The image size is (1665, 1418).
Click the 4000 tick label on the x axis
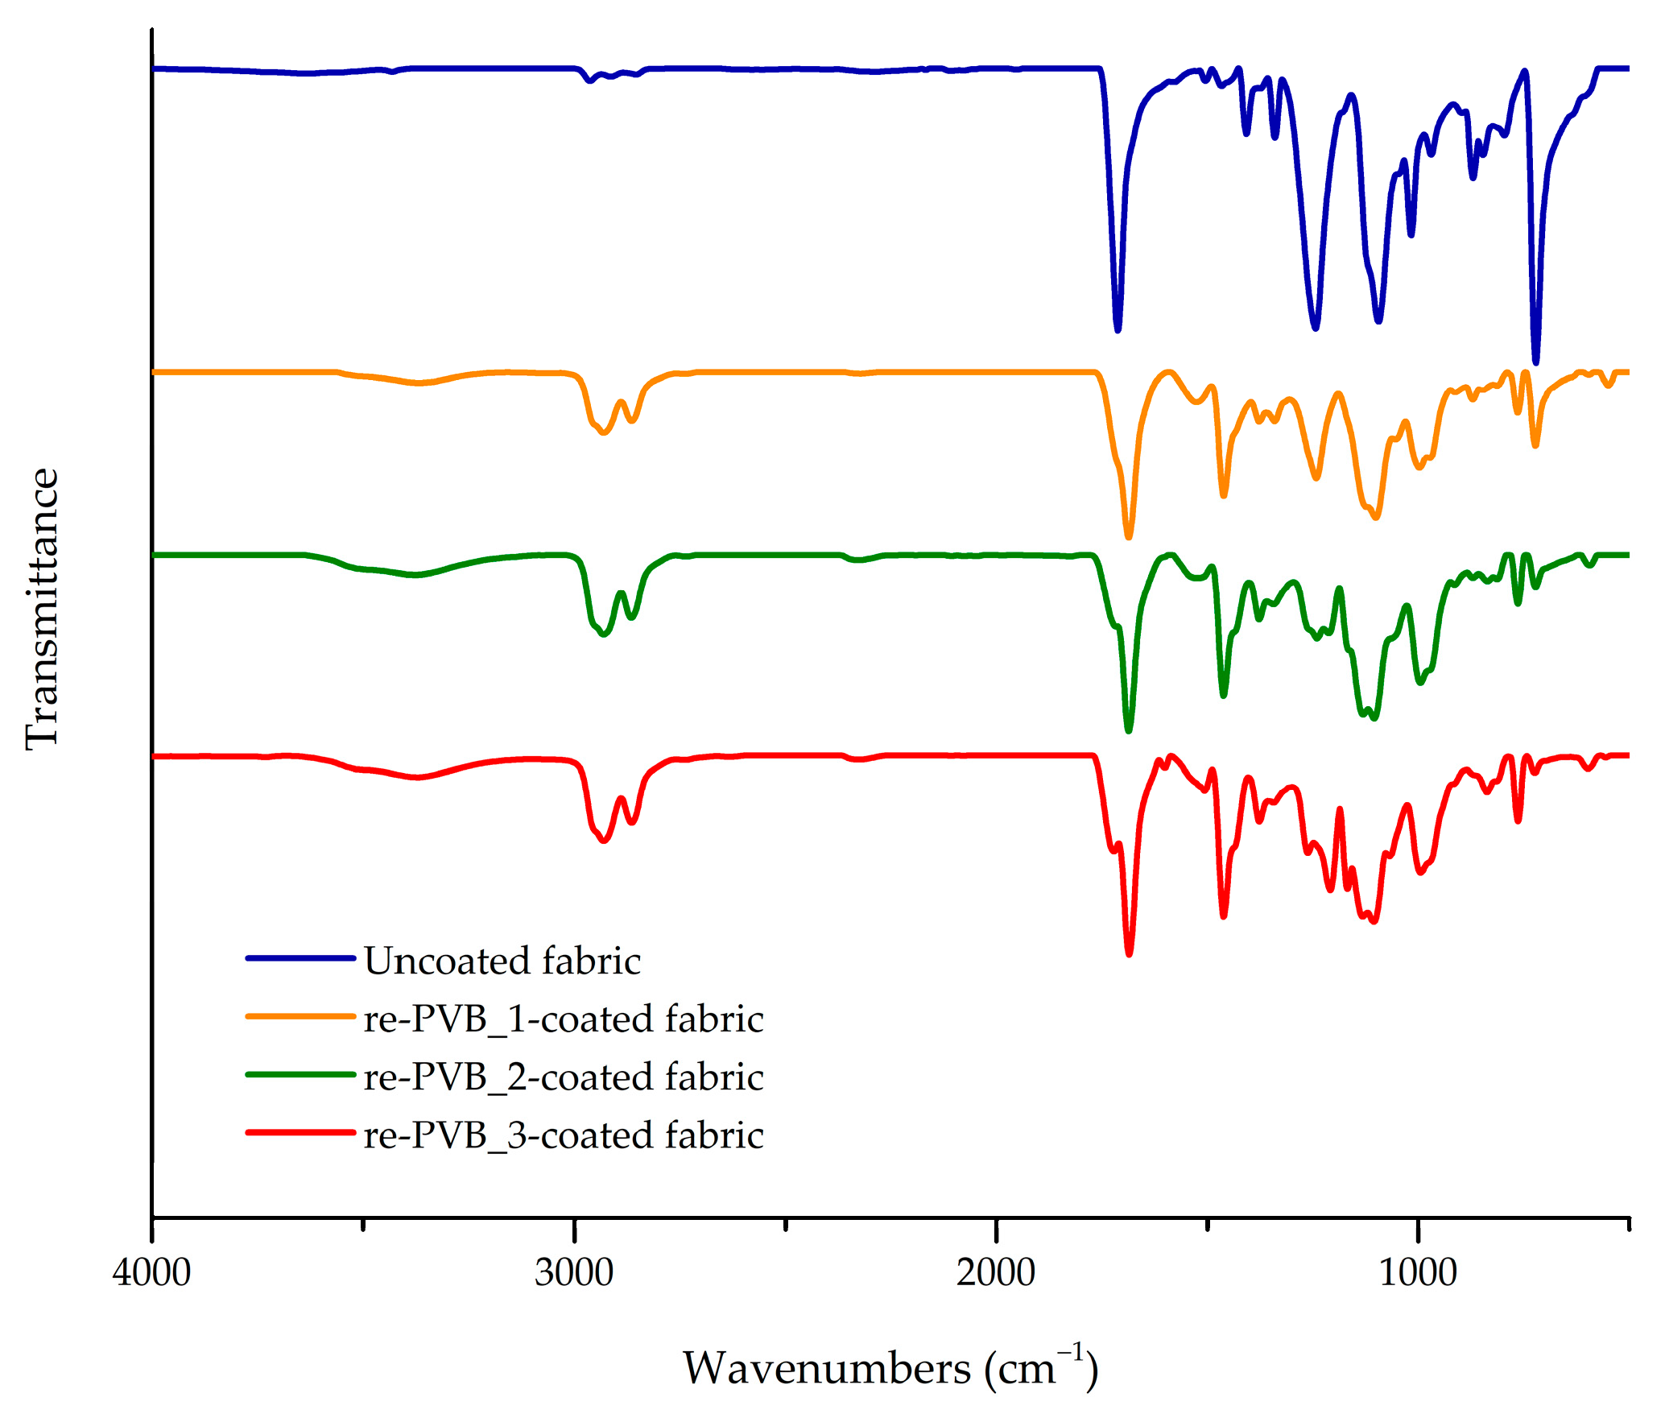tap(151, 1273)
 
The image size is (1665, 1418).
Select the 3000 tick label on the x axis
tap(573, 1273)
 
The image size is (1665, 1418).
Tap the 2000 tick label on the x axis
tap(995, 1273)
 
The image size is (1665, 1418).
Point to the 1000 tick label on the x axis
tap(1417, 1273)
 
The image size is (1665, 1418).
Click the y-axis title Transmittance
tap(42, 608)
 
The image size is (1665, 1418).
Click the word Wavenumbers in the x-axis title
tap(828, 1368)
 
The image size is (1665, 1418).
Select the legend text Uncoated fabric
tap(502, 961)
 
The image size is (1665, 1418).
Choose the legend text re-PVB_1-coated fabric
tap(563, 1019)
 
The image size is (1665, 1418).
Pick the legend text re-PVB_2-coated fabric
tap(563, 1077)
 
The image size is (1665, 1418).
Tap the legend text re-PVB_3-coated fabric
tap(563, 1135)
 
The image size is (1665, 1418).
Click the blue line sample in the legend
tap(300, 958)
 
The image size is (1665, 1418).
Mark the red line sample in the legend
tap(300, 1132)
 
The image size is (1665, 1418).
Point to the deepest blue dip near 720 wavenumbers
tap(1535, 362)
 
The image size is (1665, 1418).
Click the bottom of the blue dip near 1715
tap(1118, 329)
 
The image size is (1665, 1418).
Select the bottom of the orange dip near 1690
tap(1128, 535)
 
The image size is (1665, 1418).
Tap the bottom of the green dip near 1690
tap(1128, 730)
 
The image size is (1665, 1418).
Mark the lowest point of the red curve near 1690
tap(1129, 953)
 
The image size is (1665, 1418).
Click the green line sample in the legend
tap(300, 1074)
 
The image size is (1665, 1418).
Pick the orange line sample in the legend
tap(300, 1016)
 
